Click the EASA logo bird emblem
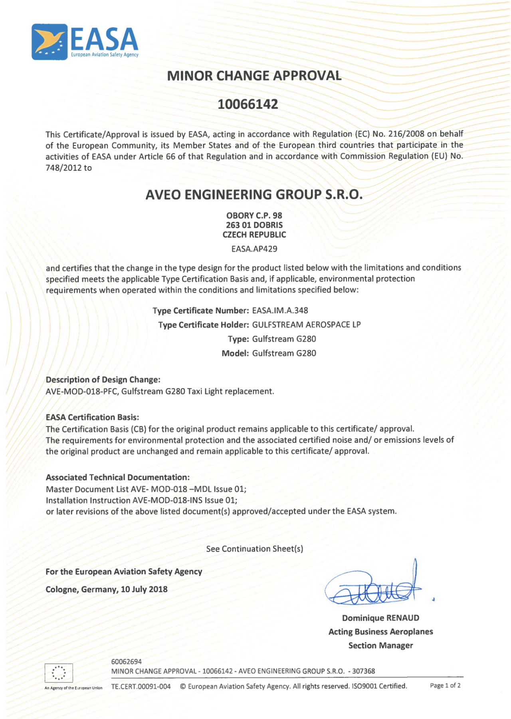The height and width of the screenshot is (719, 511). (x=50, y=42)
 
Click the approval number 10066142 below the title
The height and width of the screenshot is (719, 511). (x=248, y=104)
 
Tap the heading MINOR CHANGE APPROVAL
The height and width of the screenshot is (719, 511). (x=254, y=76)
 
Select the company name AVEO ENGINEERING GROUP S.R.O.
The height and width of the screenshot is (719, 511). (x=254, y=195)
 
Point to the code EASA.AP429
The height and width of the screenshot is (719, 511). (x=254, y=249)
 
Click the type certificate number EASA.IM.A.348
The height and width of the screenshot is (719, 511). (x=280, y=311)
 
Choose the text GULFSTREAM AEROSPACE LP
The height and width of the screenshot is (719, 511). (x=306, y=325)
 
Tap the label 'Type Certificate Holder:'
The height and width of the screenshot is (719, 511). (x=204, y=325)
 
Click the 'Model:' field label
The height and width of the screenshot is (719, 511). (x=235, y=353)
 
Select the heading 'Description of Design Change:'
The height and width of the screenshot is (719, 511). (x=103, y=379)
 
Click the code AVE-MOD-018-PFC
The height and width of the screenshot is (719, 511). (x=82, y=391)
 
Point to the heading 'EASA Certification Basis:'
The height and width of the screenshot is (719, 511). (x=92, y=417)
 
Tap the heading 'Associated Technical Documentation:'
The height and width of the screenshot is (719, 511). (x=117, y=477)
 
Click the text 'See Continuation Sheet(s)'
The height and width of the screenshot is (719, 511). (x=254, y=549)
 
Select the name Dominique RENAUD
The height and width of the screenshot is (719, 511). (x=380, y=618)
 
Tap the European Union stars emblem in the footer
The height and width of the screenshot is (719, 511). (x=59, y=673)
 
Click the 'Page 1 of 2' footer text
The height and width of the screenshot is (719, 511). (x=445, y=685)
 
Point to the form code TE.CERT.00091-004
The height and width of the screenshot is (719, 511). (x=141, y=686)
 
